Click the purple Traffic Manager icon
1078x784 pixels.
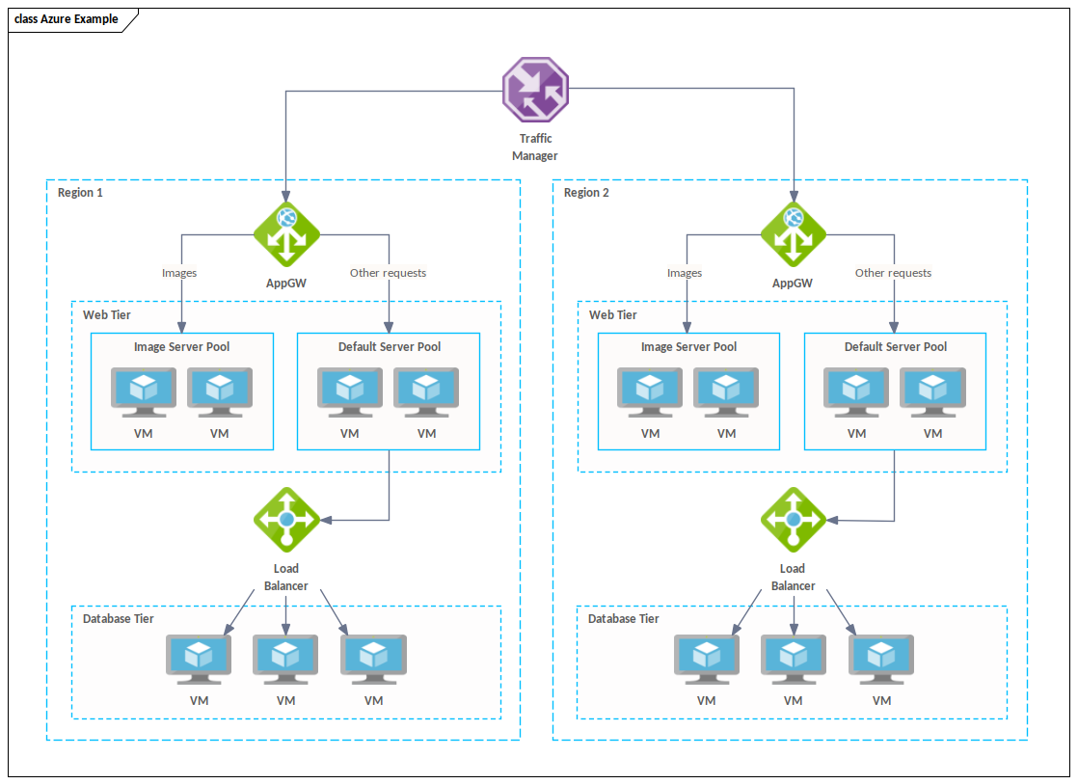[535, 90]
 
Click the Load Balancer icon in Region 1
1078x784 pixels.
[286, 520]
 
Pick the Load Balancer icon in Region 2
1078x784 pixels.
[793, 520]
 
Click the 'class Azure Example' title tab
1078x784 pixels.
[67, 19]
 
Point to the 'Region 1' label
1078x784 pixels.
[80, 193]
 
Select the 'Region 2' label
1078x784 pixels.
[586, 193]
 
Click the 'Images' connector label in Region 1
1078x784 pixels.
[179, 273]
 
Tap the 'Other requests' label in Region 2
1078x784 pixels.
[893, 273]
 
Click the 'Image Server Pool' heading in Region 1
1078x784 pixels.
[181, 347]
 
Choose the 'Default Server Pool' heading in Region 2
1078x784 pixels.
[895, 347]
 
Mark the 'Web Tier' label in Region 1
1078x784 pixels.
[106, 315]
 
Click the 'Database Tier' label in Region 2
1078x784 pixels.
[623, 618]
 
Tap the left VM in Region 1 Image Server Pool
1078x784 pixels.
[143, 391]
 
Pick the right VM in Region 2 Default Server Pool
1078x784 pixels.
[932, 391]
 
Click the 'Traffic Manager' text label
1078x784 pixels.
[535, 147]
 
